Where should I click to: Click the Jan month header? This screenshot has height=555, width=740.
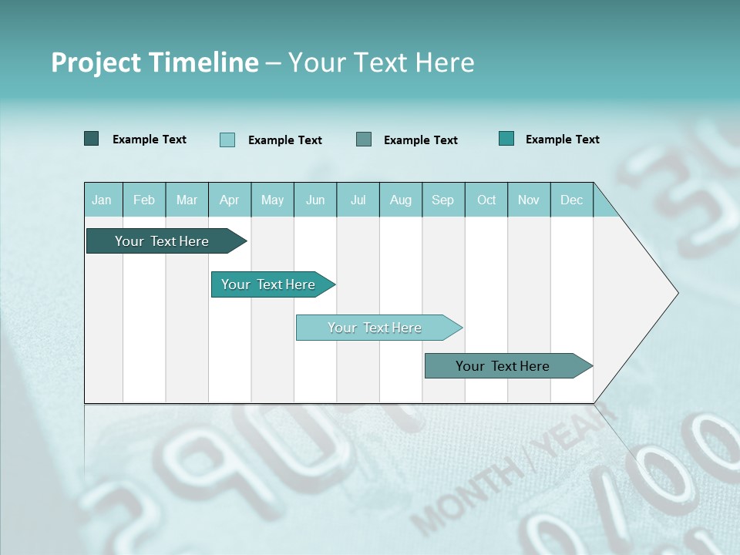(103, 200)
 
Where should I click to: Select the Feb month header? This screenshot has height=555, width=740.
(144, 200)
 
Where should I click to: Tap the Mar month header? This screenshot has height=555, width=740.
(187, 200)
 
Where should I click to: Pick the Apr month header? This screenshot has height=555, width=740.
(230, 200)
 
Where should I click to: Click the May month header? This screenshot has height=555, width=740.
(272, 200)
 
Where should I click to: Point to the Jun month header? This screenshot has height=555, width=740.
(315, 200)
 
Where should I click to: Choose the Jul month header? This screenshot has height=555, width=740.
(358, 200)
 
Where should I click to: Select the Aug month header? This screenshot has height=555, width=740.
(401, 200)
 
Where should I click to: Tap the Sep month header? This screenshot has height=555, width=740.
(443, 200)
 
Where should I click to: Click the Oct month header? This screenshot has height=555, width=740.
(486, 200)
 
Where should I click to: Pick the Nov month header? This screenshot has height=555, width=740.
(529, 200)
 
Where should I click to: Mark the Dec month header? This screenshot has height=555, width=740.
(572, 200)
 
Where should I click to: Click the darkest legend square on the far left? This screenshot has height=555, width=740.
(92, 139)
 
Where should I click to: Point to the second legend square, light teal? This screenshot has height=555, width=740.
(227, 140)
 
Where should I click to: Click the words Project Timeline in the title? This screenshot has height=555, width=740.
(155, 62)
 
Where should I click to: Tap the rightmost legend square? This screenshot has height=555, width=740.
(506, 139)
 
